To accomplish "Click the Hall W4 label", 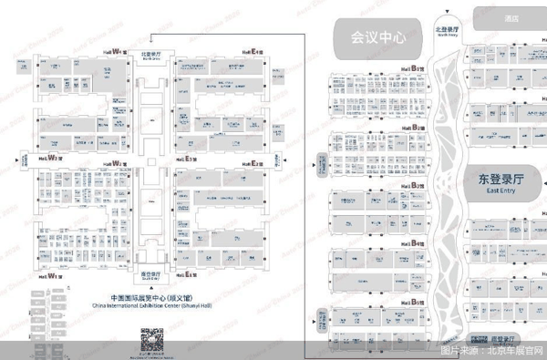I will click(116, 50).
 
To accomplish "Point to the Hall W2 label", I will click(116, 164).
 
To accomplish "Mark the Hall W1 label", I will click(48, 274).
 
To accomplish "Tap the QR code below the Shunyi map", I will click(150, 341).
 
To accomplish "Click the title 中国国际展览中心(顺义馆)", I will click(150, 297).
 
